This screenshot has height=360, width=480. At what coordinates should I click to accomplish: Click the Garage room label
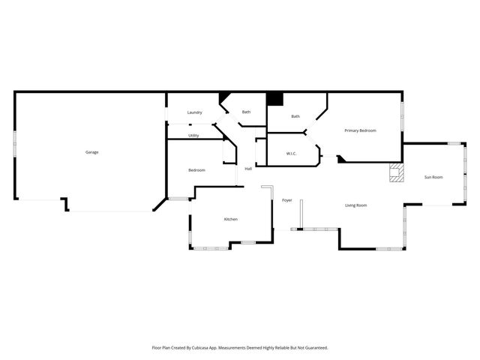click(91, 152)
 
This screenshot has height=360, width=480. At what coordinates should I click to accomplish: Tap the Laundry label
click(195, 112)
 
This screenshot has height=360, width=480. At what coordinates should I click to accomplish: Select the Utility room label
click(193, 136)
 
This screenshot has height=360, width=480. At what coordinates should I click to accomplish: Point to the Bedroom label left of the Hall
click(196, 170)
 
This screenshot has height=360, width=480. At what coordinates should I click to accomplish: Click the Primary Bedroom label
click(360, 130)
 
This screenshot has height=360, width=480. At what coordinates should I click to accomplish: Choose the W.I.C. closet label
click(292, 154)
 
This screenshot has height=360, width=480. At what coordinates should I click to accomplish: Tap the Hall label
click(248, 169)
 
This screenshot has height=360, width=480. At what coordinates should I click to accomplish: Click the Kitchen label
click(231, 219)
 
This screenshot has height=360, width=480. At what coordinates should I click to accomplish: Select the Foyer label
click(287, 201)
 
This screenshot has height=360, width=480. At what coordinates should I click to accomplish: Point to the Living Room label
click(355, 205)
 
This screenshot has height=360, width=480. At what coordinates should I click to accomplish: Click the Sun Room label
click(433, 177)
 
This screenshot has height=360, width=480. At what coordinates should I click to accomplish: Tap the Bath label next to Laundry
click(246, 112)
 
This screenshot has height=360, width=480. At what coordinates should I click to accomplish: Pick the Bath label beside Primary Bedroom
click(295, 116)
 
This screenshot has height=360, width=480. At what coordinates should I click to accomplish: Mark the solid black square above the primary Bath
click(274, 98)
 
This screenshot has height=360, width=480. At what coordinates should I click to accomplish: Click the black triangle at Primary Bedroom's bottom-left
click(341, 159)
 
